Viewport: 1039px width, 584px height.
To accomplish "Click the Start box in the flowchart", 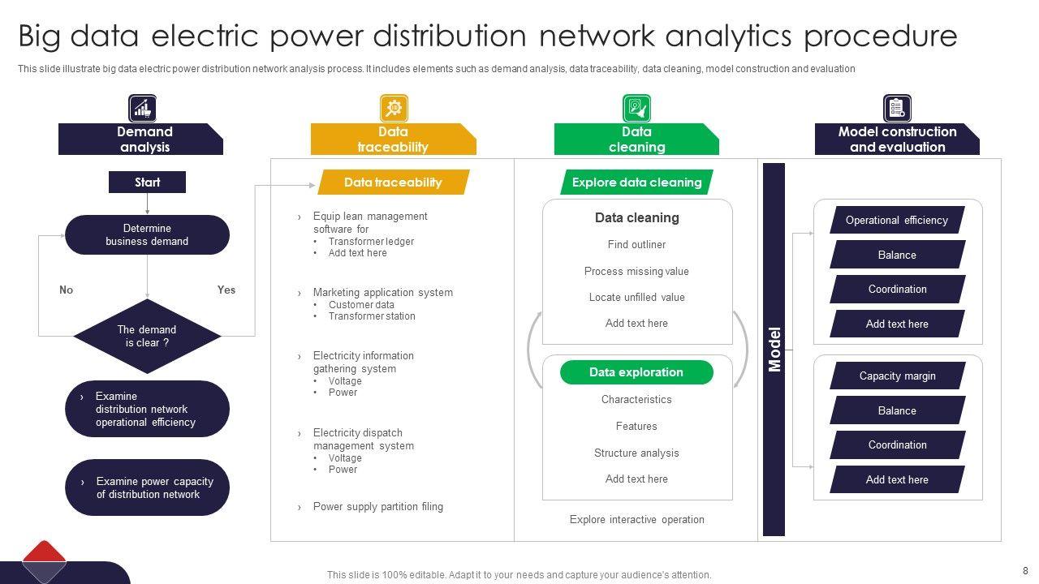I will pos(147,182).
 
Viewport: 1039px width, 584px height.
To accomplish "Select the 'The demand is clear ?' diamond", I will pos(147,336).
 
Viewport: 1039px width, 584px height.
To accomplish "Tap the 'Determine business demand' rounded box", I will pos(147,234).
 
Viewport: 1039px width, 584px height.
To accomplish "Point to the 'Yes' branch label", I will pos(226,290).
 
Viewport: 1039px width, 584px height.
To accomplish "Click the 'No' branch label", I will pos(67,290).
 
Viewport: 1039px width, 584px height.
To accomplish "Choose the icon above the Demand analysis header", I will pos(142,108).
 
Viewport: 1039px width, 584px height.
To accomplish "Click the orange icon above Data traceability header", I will pos(394,108).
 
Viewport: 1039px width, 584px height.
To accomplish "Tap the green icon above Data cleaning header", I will pos(636,108).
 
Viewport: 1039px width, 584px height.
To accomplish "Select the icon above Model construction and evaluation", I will pos(897,108).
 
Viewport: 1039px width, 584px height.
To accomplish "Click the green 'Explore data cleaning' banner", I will pos(636,182).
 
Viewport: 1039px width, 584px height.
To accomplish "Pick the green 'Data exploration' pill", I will pos(636,372).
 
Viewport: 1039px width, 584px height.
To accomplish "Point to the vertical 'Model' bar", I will pos(774,349).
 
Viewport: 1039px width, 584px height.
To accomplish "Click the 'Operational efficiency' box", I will pos(897,220).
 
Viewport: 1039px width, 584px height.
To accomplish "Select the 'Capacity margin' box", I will pos(897,376).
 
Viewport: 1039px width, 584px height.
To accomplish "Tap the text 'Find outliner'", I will pos(636,244).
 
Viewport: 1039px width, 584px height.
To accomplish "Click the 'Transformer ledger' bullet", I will pos(371,241).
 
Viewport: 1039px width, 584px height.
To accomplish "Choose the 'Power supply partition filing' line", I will pos(377,507).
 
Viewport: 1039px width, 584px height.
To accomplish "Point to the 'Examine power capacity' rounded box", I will pos(147,487).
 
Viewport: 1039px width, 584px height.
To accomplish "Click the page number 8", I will pos(1025,570).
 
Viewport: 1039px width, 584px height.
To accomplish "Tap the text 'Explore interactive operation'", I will pos(636,519).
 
